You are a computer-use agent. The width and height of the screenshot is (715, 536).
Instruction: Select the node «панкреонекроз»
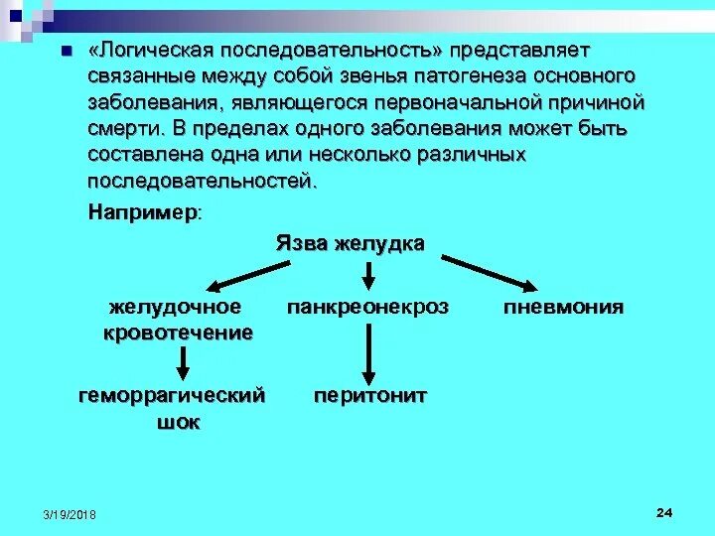click(368, 308)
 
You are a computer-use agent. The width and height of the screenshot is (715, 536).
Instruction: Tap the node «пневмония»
click(563, 307)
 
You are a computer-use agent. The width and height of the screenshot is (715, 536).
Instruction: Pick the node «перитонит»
click(370, 395)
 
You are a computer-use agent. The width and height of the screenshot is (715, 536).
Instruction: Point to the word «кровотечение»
click(178, 333)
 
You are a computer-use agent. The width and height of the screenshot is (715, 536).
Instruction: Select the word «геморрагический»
click(172, 395)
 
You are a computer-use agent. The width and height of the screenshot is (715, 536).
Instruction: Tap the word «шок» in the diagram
click(179, 422)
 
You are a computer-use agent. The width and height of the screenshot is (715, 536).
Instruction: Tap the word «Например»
click(142, 212)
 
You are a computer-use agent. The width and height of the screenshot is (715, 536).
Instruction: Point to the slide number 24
click(664, 511)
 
